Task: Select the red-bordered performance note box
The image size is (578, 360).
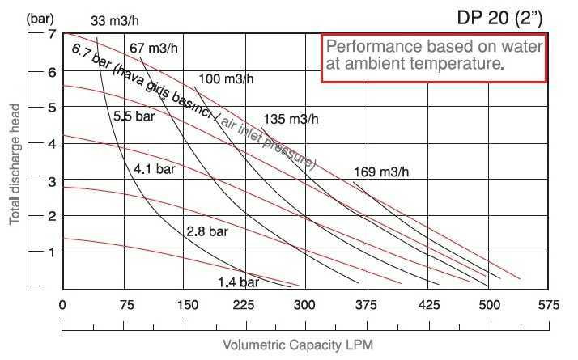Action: point(435,58)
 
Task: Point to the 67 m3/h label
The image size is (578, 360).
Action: point(153,48)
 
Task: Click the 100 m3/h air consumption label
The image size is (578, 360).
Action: point(225,78)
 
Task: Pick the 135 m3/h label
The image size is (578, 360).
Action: point(291,119)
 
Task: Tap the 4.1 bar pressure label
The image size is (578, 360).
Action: point(155,169)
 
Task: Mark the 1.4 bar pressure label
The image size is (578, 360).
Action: point(238,282)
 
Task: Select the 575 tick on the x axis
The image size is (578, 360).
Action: point(549,305)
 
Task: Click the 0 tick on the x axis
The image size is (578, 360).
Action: point(62,305)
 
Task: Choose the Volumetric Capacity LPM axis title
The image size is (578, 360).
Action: point(298,345)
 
